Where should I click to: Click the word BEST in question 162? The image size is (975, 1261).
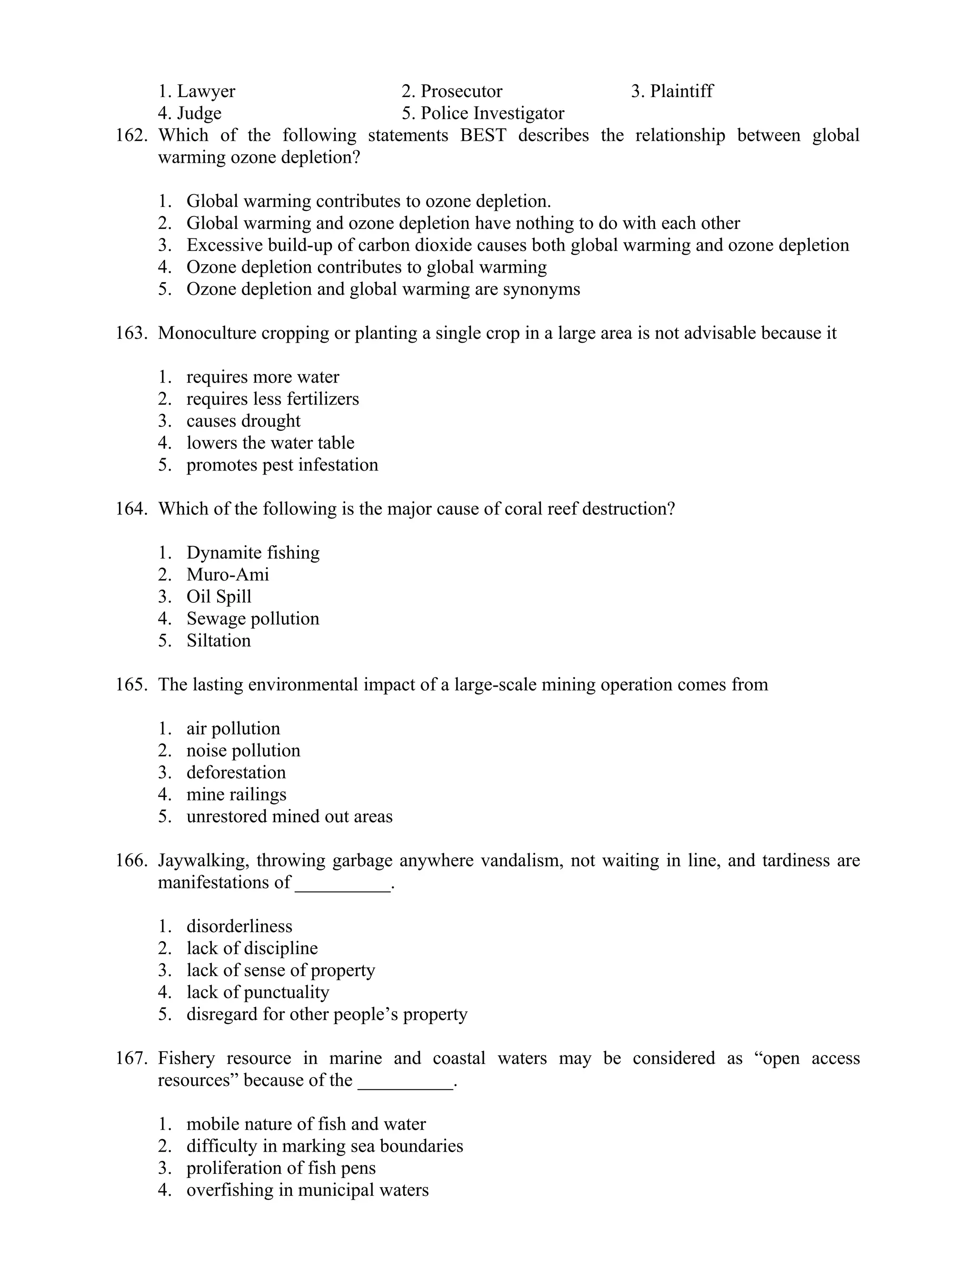pos(483,136)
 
